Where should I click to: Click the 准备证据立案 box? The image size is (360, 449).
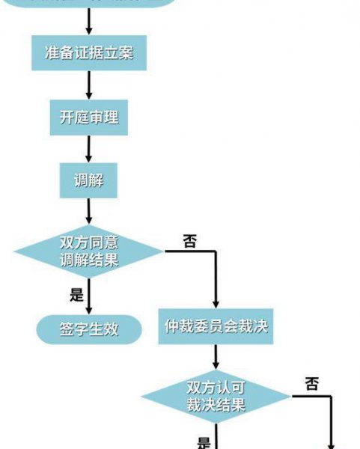click(x=89, y=54)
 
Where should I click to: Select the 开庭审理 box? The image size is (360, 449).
click(x=89, y=117)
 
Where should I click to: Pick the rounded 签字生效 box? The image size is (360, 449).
click(x=89, y=327)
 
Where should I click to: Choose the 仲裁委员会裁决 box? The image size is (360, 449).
click(x=216, y=327)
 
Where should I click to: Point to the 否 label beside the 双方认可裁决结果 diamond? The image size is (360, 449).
click(x=312, y=384)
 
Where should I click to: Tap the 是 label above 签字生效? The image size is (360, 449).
click(x=77, y=294)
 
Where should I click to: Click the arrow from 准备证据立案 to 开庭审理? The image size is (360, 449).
click(x=89, y=85)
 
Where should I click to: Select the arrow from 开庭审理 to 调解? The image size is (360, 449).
click(x=89, y=150)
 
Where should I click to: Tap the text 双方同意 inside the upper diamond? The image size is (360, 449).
click(x=89, y=243)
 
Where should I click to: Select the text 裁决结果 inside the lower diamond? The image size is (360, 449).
click(x=216, y=405)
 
